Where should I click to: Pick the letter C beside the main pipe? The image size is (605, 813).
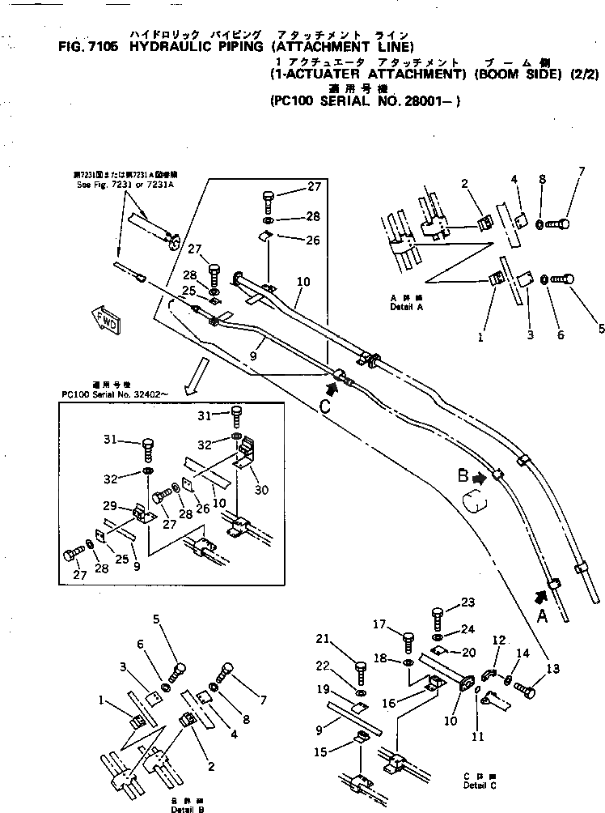[324, 406]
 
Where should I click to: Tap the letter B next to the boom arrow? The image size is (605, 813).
[463, 477]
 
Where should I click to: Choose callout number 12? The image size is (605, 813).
[497, 639]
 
